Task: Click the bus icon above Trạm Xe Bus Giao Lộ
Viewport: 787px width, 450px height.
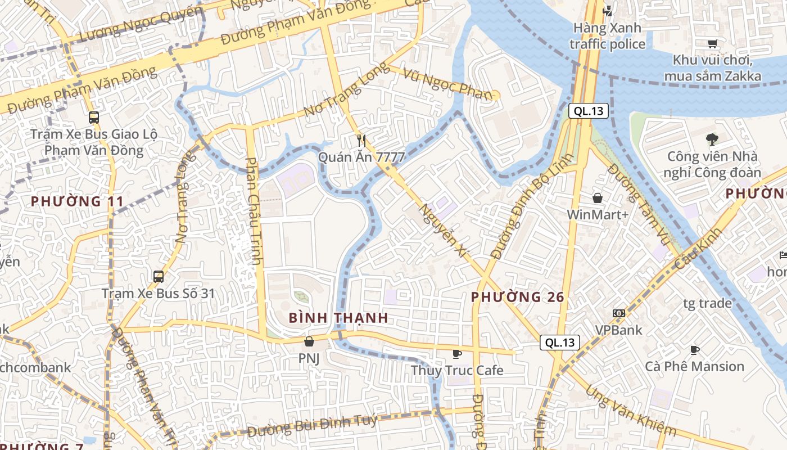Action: pyautogui.click(x=94, y=118)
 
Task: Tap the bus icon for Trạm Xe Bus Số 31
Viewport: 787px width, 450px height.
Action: pyautogui.click(x=159, y=276)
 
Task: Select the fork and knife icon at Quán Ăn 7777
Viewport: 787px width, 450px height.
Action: pyautogui.click(x=361, y=140)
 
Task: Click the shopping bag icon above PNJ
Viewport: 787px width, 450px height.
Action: pyautogui.click(x=309, y=341)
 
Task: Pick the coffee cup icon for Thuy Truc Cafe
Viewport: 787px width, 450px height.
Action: pyautogui.click(x=456, y=354)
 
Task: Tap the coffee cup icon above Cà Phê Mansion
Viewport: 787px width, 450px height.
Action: pyautogui.click(x=695, y=350)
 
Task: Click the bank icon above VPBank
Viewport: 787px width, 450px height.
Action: pyautogui.click(x=619, y=313)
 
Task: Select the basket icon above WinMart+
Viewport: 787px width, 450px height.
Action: pyautogui.click(x=598, y=198)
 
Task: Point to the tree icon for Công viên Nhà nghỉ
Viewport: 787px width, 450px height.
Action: pyautogui.click(x=712, y=139)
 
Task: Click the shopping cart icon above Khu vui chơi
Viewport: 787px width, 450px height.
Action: pyautogui.click(x=713, y=43)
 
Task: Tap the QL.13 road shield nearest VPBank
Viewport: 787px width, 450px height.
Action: pyautogui.click(x=560, y=342)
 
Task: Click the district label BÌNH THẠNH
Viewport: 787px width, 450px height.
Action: pyautogui.click(x=338, y=318)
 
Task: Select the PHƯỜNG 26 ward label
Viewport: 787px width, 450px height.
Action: pyautogui.click(x=517, y=297)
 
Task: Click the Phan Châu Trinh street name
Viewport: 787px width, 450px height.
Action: pyautogui.click(x=255, y=211)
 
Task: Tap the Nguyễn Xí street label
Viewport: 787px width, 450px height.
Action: pyautogui.click(x=444, y=231)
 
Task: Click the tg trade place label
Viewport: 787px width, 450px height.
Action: pyautogui.click(x=707, y=304)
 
